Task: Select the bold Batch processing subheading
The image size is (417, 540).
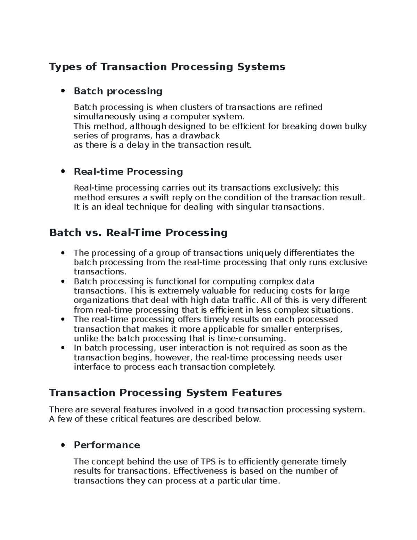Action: pos(118,91)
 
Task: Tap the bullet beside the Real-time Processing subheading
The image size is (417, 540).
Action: pos(63,172)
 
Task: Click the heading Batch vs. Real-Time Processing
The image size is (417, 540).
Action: pos(138,233)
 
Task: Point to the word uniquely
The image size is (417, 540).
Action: pos(264,253)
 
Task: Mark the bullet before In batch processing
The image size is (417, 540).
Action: pos(63,348)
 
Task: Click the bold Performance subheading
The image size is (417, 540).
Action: pos(107,445)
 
